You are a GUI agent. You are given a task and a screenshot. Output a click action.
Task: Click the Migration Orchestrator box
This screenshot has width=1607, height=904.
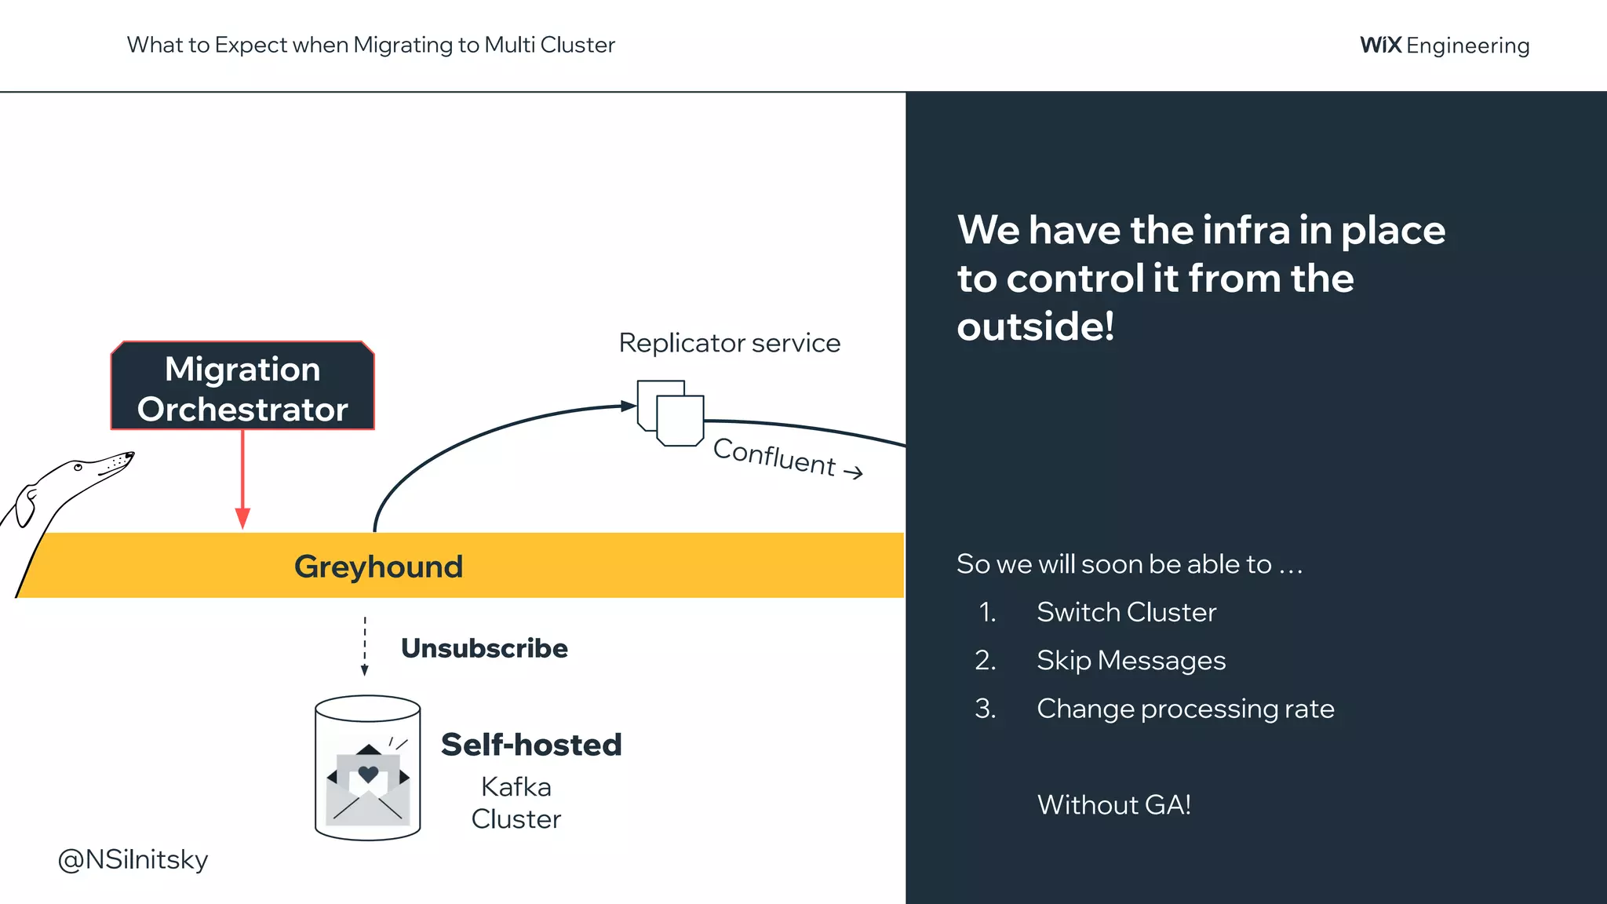click(242, 387)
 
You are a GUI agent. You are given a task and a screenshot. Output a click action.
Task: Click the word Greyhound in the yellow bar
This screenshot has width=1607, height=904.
click(378, 567)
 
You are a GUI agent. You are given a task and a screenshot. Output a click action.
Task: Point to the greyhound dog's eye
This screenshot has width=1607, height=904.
click(78, 468)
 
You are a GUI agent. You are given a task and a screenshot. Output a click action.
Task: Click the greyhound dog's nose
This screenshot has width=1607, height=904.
click(130, 454)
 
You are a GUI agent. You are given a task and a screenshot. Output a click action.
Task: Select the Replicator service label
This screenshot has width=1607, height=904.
click(729, 343)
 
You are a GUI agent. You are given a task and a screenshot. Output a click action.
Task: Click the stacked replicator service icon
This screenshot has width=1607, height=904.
click(671, 414)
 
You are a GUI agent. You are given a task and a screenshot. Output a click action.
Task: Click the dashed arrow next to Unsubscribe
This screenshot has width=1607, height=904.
click(364, 647)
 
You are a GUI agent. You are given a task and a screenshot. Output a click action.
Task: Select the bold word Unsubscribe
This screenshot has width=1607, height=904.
click(484, 648)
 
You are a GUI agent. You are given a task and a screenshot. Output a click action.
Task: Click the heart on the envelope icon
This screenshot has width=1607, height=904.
click(368, 775)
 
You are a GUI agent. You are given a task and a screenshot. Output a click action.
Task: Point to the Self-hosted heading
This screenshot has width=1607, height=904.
click(531, 745)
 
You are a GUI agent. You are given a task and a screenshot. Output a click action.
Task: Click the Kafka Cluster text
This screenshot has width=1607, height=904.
click(516, 803)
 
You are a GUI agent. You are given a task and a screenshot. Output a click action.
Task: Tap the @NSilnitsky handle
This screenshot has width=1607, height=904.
click(133, 859)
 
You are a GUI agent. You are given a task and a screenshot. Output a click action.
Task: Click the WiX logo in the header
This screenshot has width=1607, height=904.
click(1380, 45)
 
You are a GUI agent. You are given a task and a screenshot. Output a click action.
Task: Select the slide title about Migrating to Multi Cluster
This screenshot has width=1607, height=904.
click(370, 45)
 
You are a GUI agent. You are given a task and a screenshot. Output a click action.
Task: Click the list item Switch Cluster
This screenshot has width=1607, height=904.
click(1126, 612)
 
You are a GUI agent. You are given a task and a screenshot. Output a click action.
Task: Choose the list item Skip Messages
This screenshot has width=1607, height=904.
click(1131, 661)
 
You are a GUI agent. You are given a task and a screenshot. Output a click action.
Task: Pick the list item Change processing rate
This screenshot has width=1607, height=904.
click(1185, 709)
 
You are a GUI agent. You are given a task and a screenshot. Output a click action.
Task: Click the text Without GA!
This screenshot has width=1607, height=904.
click(1113, 805)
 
